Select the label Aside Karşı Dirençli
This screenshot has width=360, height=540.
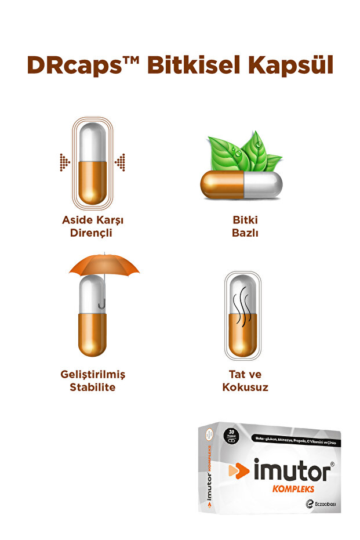click(93, 227)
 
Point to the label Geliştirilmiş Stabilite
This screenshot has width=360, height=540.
click(93, 380)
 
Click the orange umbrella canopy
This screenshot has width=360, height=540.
click(104, 264)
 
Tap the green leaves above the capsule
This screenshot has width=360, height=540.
click(243, 153)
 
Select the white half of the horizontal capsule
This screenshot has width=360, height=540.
click(264, 185)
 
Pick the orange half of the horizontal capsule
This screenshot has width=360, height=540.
click(221, 185)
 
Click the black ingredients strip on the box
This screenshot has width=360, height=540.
click(295, 443)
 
